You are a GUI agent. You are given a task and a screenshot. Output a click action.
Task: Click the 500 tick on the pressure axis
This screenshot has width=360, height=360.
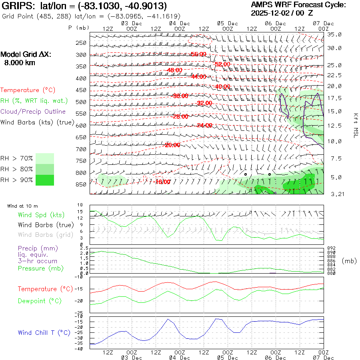coord(81,102)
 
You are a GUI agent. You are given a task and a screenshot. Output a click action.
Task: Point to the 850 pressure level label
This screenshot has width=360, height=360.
coord(81,185)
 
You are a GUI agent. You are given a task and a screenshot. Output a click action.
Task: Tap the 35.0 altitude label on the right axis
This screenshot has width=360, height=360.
coord(334,35)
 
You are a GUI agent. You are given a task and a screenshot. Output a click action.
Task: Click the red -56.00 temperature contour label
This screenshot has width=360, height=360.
coord(198,54)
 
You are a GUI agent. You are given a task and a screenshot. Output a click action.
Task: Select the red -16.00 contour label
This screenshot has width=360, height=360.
coord(163,182)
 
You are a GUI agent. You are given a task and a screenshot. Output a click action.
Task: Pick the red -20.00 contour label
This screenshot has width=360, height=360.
coord(172,145)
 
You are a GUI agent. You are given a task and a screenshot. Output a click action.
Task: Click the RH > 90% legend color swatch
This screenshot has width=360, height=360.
coord(45,180)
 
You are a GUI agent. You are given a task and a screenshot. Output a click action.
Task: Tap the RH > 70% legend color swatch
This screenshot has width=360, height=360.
coord(45,158)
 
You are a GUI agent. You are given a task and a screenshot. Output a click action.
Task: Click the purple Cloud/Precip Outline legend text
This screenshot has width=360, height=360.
coord(33,112)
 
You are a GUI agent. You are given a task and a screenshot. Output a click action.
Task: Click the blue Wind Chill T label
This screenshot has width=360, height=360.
coord(44,332)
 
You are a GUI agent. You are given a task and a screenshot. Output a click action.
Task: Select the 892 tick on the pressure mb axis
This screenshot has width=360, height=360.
coord(331,248)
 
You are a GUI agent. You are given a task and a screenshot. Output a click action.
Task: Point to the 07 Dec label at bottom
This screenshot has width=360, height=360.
coord(324,358)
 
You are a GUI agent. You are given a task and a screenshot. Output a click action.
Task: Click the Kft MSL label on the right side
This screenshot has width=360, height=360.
coord(354,125)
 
